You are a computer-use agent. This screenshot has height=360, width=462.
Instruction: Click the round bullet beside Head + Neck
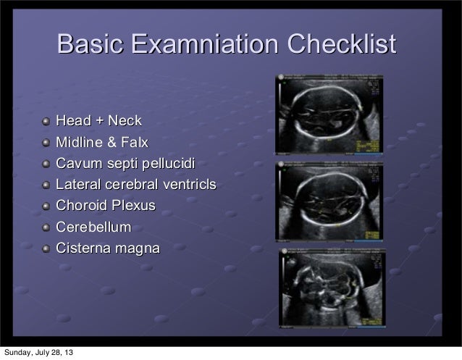click(x=47, y=121)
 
